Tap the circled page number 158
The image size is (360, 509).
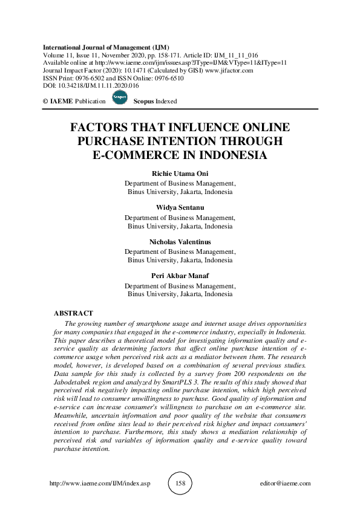pyautogui.click(x=180, y=484)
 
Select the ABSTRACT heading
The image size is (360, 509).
pyautogui.click(x=74, y=313)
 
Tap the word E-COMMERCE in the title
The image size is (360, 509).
pyautogui.click(x=136, y=154)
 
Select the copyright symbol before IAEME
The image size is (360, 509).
pyautogui.click(x=46, y=101)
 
